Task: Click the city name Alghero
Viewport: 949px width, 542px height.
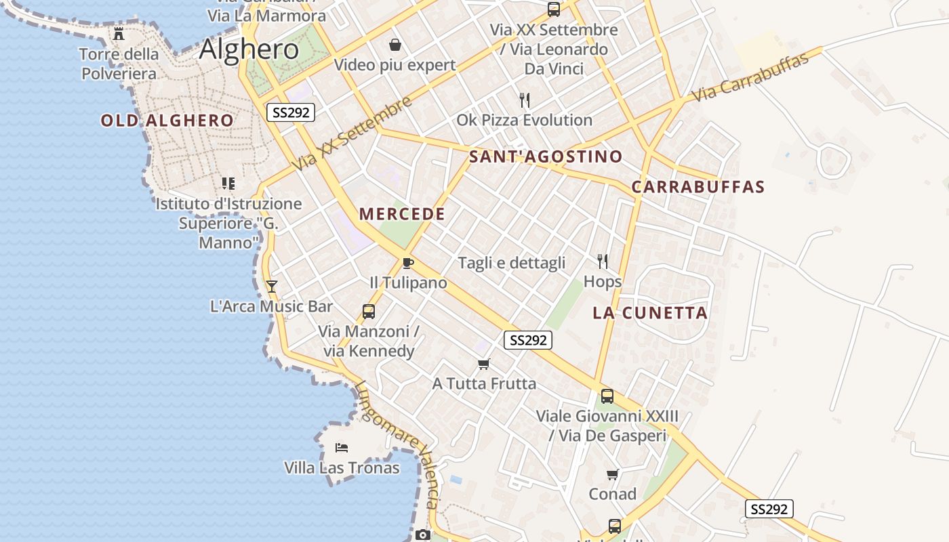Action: tap(249, 49)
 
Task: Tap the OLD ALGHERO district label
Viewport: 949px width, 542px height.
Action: tap(167, 121)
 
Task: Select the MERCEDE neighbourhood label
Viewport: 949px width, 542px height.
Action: tap(402, 214)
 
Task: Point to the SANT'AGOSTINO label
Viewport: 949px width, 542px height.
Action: tap(546, 157)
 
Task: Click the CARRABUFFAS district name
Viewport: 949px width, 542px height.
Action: tap(698, 187)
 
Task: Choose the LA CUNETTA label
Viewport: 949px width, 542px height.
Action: tap(650, 313)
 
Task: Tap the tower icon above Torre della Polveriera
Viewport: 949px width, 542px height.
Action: tap(119, 33)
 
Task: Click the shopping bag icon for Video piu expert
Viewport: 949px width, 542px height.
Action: tap(395, 45)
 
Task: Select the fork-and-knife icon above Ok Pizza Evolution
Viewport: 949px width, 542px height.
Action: tap(524, 100)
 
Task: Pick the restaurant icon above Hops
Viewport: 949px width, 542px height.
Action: tap(602, 261)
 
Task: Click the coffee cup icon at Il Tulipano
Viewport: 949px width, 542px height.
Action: tap(407, 263)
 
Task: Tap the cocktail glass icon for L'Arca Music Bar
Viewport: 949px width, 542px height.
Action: tap(271, 287)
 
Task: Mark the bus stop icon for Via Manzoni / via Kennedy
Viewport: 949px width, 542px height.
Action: tap(368, 312)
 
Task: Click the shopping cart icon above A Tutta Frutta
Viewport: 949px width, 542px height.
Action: tap(483, 364)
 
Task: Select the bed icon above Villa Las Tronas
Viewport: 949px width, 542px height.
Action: tap(342, 448)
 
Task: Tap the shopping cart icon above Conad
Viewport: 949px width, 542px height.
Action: tap(612, 474)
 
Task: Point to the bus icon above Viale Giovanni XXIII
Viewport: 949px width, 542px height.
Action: tap(607, 396)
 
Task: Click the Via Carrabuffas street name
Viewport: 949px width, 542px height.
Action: tap(752, 77)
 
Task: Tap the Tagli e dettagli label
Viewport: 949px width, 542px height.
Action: tap(512, 263)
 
